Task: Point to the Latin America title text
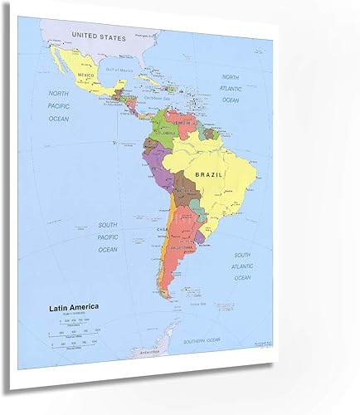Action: point(73,307)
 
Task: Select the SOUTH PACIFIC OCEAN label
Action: point(109,237)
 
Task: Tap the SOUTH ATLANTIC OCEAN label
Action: point(242,266)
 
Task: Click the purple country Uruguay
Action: point(198,238)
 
